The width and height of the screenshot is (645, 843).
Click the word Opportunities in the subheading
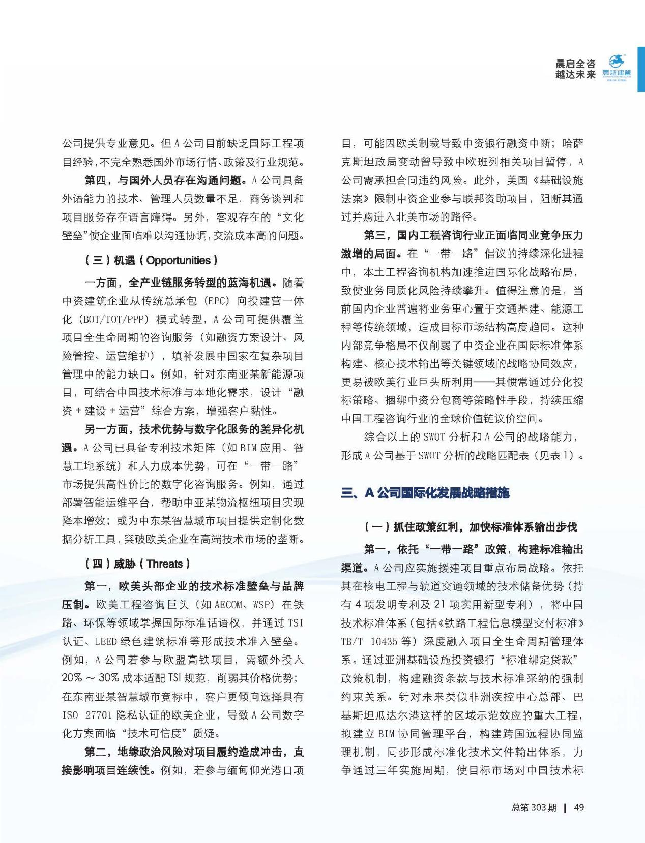pyautogui.click(x=179, y=260)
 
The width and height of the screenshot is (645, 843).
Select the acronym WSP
pyautogui.click(x=263, y=605)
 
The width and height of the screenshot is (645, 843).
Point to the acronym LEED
pyautogui.click(x=106, y=641)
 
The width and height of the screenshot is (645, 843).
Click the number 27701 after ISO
pyautogui.click(x=97, y=715)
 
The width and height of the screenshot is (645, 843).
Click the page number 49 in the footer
pyautogui.click(x=578, y=807)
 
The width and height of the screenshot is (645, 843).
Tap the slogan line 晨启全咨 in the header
pyautogui.click(x=575, y=64)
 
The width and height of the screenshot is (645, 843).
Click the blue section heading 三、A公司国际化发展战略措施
pyautogui.click(x=425, y=493)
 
